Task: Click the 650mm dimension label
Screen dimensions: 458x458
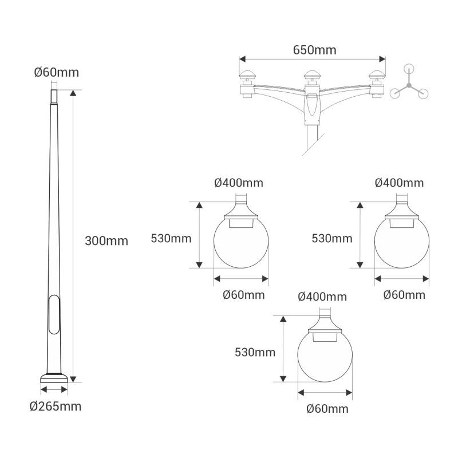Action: point(314,50)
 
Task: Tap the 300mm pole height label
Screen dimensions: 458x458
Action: point(106,240)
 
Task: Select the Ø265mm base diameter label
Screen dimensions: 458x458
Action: point(56,406)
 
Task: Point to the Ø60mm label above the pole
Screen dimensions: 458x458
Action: point(56,73)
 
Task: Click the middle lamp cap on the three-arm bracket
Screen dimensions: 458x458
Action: point(312,74)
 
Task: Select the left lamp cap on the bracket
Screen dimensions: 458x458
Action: point(247,74)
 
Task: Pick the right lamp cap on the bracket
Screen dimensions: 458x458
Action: point(377,74)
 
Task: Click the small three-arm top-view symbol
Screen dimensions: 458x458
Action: point(408,86)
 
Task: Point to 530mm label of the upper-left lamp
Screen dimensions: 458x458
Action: point(171,238)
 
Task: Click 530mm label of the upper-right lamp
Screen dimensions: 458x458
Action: point(332,238)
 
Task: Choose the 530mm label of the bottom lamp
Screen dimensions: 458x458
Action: point(255,352)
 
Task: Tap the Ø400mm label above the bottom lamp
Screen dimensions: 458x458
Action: point(322,297)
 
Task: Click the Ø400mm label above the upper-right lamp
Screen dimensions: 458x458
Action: point(400,183)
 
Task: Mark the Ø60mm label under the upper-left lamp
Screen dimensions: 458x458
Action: point(243,295)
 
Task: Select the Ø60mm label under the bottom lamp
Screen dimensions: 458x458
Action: point(327,409)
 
